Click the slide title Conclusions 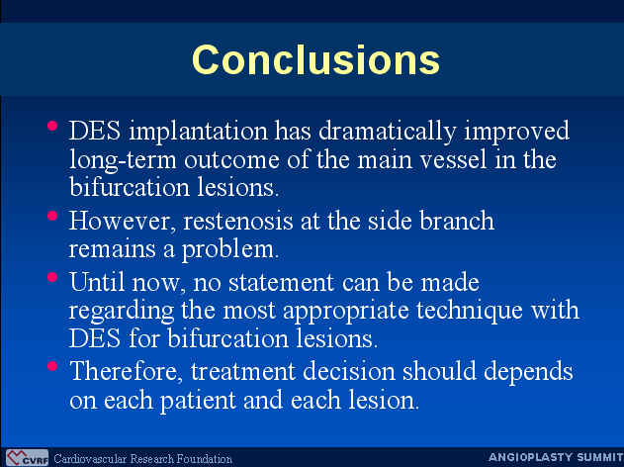point(315,59)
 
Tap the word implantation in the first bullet point(199,132)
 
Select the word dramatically point(387,132)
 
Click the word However point(122,221)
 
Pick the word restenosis point(237,221)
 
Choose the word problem point(230,250)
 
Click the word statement point(281,282)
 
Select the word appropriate point(346,312)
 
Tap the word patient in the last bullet point(198,401)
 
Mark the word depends point(528,372)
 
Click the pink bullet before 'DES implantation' point(52,126)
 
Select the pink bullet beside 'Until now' point(52,277)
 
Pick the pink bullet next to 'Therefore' point(52,366)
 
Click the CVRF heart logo point(27,458)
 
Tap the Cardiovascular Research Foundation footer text point(142,459)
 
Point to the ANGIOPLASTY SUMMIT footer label point(556,457)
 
